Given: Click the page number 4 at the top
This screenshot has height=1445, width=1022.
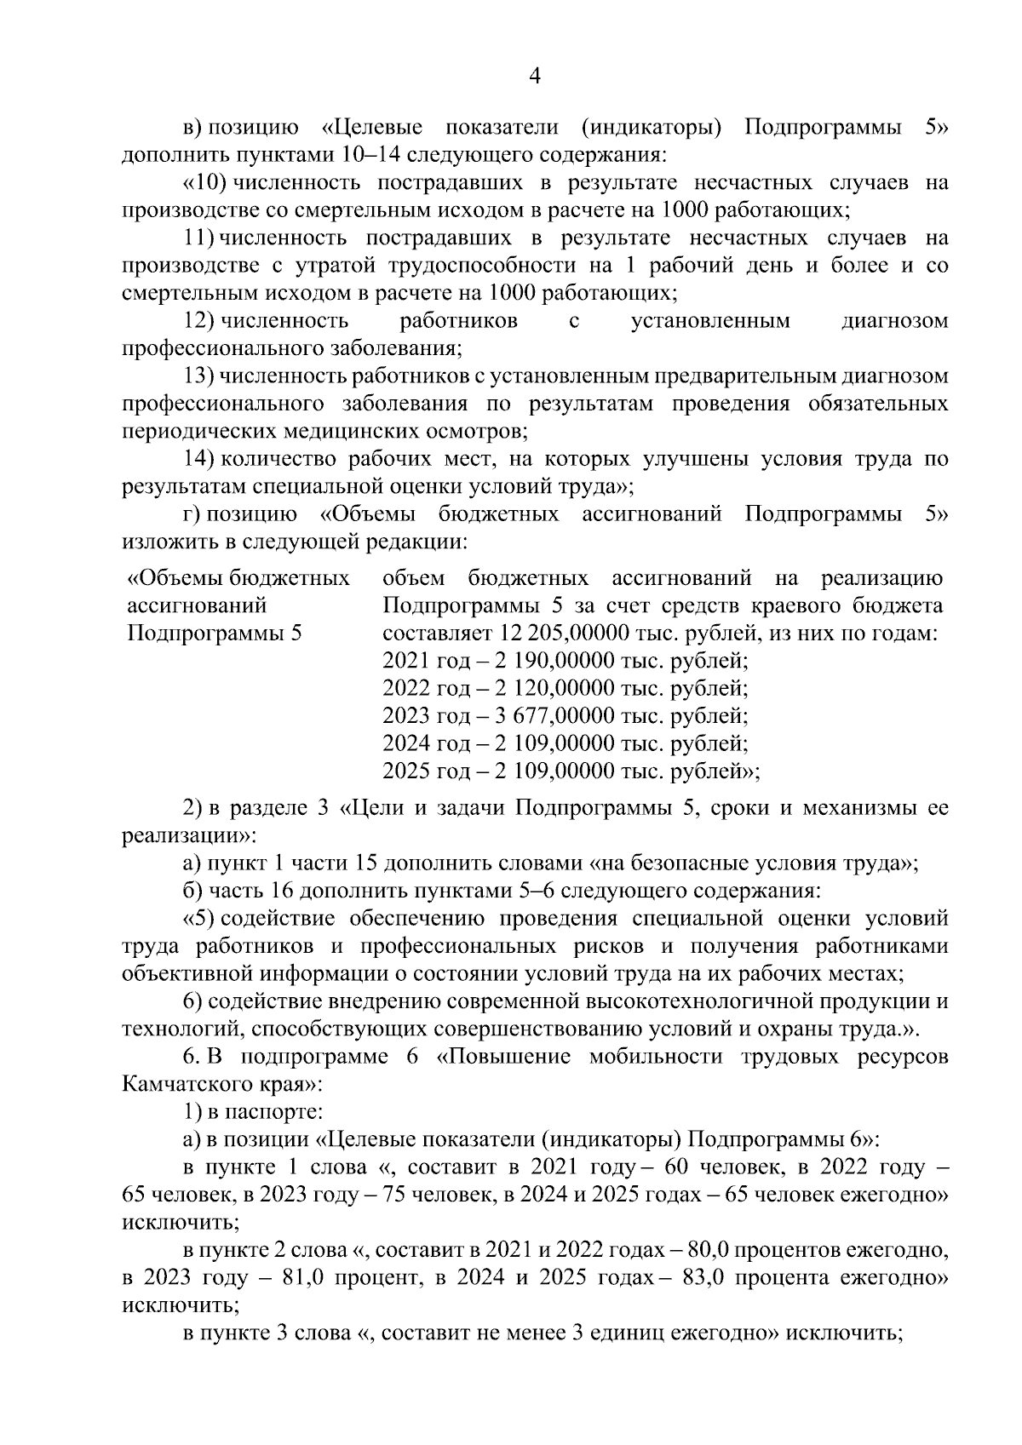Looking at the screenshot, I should click(535, 77).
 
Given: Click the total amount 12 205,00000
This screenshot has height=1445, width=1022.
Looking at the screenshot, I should click(551, 634).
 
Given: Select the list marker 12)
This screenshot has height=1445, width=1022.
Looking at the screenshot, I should click(200, 321).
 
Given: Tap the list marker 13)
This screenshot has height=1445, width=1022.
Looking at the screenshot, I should click(200, 376).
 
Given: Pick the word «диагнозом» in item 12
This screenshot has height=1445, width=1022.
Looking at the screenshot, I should click(894, 321).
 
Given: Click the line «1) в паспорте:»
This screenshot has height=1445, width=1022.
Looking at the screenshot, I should click(252, 1112).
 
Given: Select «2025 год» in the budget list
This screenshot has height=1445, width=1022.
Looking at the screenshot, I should click(421, 771).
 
